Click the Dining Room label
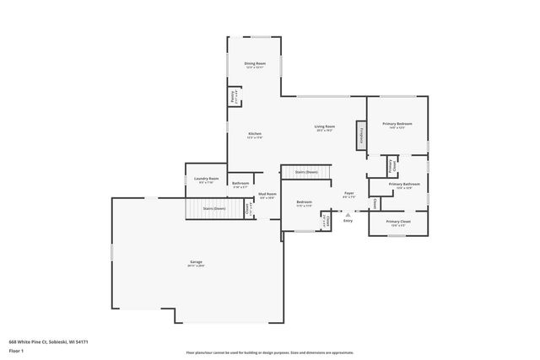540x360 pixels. pyautogui.click(x=255, y=65)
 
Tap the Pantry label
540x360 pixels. pyautogui.click(x=233, y=97)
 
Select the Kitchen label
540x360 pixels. pyautogui.click(x=254, y=135)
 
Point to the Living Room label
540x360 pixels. pyautogui.click(x=325, y=128)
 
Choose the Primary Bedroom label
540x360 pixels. pyautogui.click(x=397, y=126)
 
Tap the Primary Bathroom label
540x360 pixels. pyautogui.click(x=404, y=185)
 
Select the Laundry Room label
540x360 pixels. pyautogui.click(x=206, y=179)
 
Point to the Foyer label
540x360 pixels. pyautogui.click(x=348, y=194)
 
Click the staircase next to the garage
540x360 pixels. pyautogui.click(x=213, y=208)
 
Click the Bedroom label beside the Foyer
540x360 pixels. pyautogui.click(x=304, y=203)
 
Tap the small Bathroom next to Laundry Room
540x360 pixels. pyautogui.click(x=240, y=185)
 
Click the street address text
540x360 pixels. pyautogui.click(x=48, y=341)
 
